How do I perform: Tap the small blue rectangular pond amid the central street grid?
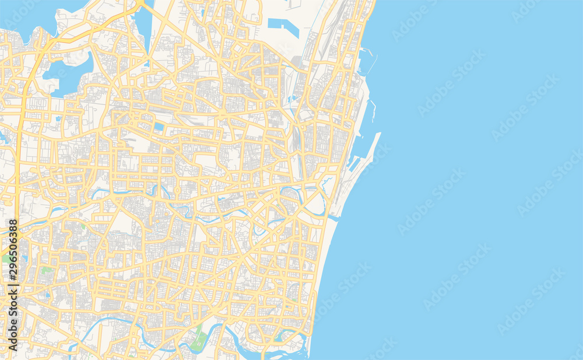tap(159, 127)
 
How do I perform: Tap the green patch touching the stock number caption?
tap(6, 257)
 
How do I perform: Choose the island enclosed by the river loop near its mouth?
tap(315, 204)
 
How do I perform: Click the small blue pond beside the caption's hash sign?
tap(24, 257)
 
